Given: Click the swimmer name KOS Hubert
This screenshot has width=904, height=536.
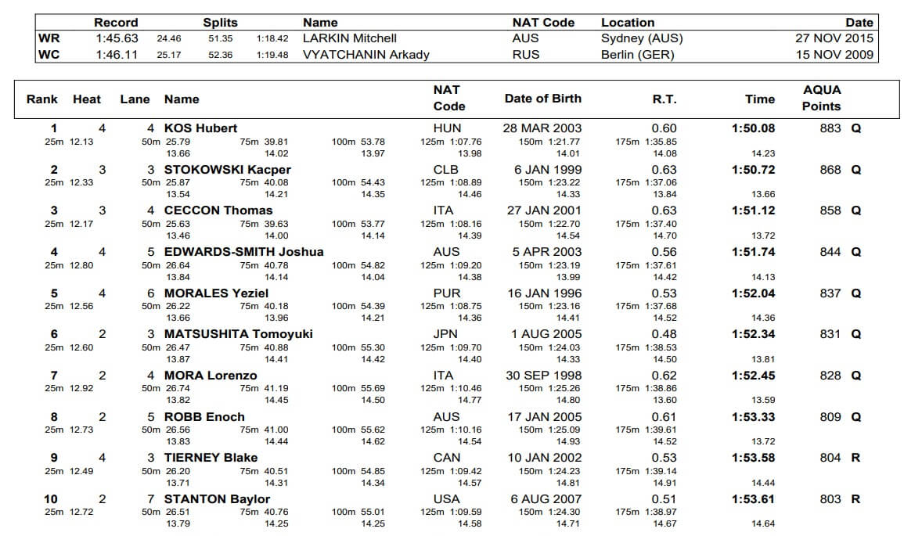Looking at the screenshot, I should point(200,128).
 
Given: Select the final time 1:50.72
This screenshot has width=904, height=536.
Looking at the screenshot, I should point(753,170).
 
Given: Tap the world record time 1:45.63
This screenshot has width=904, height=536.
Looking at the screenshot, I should point(117,38).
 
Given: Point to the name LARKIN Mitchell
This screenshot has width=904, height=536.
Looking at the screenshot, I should point(350,38).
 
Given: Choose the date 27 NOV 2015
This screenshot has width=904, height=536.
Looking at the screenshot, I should point(834,38).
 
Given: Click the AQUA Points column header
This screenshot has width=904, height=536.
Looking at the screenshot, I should point(821,99).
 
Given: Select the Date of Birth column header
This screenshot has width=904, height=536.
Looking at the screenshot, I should point(542,99).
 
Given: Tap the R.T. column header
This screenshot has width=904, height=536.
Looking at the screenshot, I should point(664,99).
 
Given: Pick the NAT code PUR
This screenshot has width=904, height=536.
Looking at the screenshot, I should point(447,293).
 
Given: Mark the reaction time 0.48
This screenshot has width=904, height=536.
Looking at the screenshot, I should point(664,334).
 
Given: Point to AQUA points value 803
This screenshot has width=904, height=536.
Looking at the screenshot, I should point(830,499).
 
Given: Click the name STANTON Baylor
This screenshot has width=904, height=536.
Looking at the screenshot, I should point(217,499).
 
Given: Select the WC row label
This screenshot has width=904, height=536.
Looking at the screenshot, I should point(49,55).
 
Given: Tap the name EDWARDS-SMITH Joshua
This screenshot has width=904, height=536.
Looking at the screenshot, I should point(243,252).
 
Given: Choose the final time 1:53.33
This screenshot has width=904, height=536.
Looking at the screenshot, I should point(753,417).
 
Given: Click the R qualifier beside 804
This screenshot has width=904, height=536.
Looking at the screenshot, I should point(855,458).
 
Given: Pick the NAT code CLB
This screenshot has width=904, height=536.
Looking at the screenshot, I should point(447,170).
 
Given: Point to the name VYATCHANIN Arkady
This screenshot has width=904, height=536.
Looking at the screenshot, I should point(366,55).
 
